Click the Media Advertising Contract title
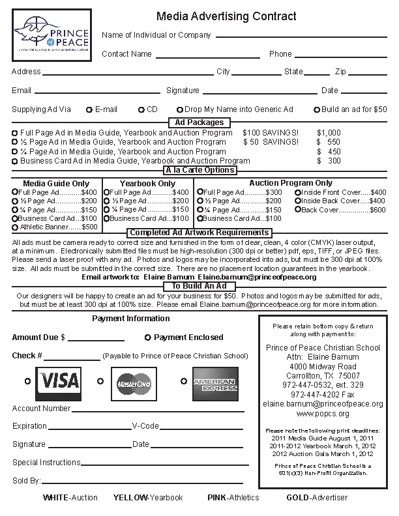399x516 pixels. pos(226,16)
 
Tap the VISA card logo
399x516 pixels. pos(59,380)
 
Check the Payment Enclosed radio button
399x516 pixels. pos(147,337)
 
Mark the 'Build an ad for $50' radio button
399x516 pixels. pos(317,109)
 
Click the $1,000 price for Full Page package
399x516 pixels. pos(329,132)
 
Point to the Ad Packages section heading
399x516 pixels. pos(199,122)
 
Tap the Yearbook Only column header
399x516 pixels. pos(147,183)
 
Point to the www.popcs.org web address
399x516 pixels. pos(323,413)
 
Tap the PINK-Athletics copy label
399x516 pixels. pos(233,498)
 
